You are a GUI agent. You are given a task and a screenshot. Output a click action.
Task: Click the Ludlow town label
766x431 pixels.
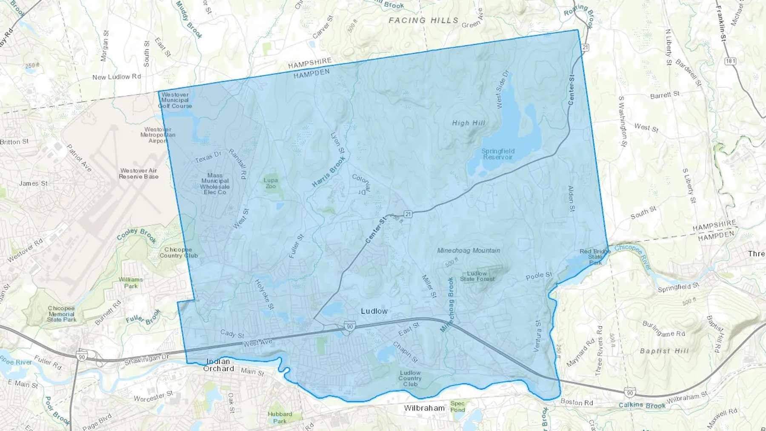coord(374,311)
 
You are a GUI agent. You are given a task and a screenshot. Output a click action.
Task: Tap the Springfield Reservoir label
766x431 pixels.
coord(498,154)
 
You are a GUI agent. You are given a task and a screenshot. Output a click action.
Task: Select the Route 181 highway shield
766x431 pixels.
coord(730,61)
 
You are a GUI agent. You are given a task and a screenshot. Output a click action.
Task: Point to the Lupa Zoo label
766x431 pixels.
coord(271,183)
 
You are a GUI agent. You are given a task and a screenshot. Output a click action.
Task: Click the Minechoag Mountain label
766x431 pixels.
coord(469,251)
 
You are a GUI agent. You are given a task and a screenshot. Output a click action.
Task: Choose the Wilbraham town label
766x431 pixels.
coord(424,408)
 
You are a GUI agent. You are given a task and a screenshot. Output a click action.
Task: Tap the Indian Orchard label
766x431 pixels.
coord(219,365)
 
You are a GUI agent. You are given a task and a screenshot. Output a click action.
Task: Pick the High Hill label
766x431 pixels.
coord(468,123)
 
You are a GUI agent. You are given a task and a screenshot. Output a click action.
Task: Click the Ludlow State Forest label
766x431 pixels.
coord(477,276)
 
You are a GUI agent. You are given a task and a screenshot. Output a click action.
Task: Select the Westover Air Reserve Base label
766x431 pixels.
coord(139,174)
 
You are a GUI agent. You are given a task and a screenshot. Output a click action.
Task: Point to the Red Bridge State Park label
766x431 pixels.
coord(595,257)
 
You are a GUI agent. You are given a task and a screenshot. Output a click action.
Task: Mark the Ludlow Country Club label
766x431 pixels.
coord(410,378)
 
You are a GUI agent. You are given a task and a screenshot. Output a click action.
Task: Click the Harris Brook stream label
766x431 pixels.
coord(329,172)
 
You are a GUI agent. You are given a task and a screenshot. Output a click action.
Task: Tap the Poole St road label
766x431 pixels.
coord(539,276)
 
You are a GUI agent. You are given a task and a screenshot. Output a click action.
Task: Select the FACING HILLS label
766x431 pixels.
coord(423,20)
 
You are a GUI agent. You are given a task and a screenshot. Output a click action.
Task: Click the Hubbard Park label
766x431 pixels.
coord(280,417)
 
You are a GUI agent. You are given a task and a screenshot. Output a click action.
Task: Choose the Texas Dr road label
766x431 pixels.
coord(208,157)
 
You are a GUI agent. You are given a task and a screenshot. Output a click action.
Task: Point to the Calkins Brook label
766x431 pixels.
coord(642,405)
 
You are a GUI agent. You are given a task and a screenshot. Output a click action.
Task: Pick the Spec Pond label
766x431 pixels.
coord(457,406)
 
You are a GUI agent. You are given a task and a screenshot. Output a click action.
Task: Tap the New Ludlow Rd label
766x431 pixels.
coord(117,77)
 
